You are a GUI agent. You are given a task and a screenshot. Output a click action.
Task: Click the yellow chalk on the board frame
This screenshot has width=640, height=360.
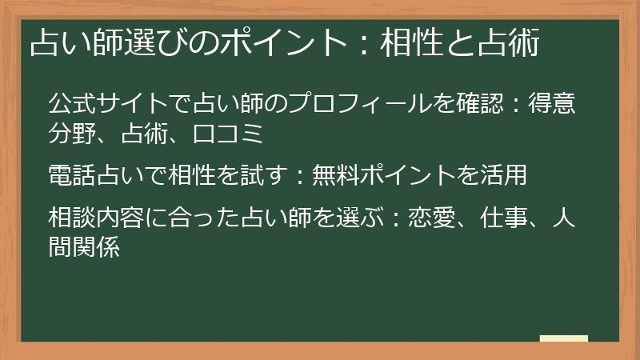coord(564,339)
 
